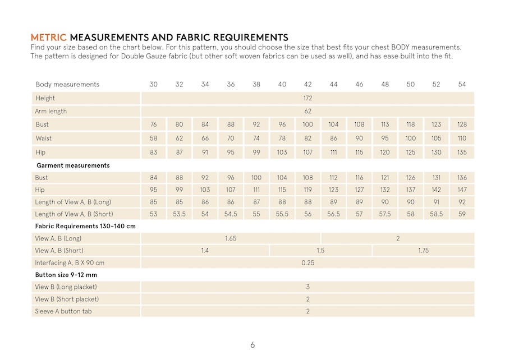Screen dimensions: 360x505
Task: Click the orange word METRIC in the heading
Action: (x=48, y=38)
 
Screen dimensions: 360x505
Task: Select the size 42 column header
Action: (x=307, y=84)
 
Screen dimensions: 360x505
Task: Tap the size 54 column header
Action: (x=462, y=84)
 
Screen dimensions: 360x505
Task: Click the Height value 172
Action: (x=307, y=98)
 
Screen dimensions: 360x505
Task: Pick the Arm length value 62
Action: (x=307, y=111)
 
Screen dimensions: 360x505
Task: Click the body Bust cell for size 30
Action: (x=153, y=124)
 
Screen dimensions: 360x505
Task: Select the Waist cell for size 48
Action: (x=385, y=138)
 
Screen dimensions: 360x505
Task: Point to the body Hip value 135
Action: (x=462, y=152)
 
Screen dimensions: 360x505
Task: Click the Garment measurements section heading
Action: (x=73, y=165)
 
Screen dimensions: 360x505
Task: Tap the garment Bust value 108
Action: (x=307, y=178)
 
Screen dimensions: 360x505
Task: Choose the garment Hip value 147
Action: (x=462, y=190)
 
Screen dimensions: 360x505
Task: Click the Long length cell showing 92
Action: (x=462, y=202)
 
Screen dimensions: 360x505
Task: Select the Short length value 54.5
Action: (x=231, y=214)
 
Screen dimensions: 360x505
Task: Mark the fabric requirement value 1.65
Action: (x=231, y=238)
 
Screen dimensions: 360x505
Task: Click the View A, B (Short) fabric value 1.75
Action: (x=423, y=251)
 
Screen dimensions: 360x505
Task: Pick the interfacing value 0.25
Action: (x=307, y=262)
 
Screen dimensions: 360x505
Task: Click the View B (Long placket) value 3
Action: (x=307, y=287)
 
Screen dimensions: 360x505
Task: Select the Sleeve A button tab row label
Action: (x=63, y=311)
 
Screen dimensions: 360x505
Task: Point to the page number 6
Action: (x=252, y=345)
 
